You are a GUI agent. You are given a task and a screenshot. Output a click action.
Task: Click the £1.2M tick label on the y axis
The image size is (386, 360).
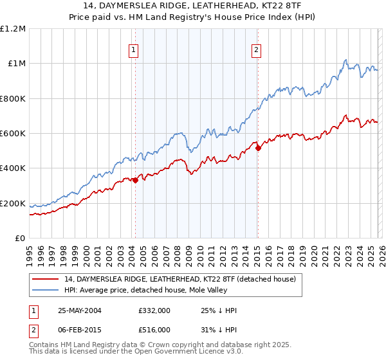(13, 29)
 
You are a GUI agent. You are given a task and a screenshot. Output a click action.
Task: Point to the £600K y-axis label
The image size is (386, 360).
(13, 134)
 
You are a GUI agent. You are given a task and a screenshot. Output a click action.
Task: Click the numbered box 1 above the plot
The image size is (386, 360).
(134, 50)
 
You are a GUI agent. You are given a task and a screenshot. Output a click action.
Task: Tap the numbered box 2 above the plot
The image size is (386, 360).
(257, 50)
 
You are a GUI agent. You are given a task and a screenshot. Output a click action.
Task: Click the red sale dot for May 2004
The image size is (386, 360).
(136, 181)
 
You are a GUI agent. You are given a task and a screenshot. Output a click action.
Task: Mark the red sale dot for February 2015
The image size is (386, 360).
(258, 148)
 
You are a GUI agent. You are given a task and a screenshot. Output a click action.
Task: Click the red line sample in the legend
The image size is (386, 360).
(46, 279)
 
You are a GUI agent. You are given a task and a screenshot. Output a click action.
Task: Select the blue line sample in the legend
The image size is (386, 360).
(46, 290)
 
